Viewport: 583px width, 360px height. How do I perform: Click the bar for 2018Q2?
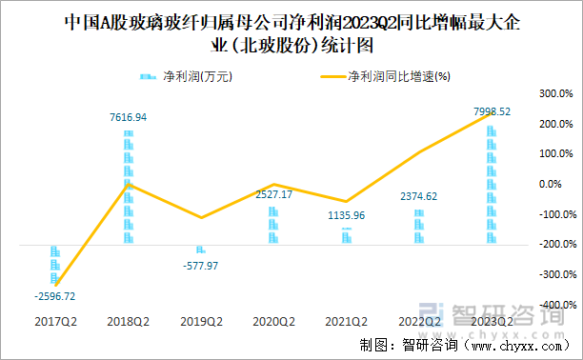(128, 187)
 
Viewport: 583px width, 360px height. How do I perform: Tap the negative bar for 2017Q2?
(55, 263)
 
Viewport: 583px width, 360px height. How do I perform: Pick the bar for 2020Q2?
(273, 225)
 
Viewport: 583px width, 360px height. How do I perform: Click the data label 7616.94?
(128, 117)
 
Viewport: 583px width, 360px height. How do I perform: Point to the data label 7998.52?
(493, 111)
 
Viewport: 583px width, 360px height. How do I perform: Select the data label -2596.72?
(54, 296)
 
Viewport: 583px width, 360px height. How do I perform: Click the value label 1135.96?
(346, 215)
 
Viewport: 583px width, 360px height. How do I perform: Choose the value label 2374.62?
(419, 196)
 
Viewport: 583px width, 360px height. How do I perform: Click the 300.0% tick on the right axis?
(553, 93)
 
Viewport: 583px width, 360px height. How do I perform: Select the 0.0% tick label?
(555, 184)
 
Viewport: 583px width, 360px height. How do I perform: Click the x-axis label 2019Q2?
(200, 322)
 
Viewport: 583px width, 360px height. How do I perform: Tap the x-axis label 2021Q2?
(346, 322)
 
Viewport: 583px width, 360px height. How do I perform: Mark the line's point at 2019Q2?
(200, 218)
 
